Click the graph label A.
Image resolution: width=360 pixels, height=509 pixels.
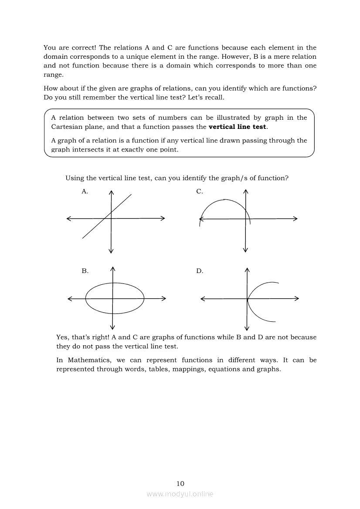pos(85,191)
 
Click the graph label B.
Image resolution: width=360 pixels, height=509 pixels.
pos(85,271)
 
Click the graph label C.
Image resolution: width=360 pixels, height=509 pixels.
pos(199,191)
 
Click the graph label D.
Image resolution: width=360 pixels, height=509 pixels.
pos(200,271)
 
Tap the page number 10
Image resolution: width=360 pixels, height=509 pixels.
pos(180,483)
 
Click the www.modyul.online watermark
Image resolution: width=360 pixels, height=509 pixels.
pos(180,494)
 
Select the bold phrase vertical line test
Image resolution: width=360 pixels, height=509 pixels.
pos(238,127)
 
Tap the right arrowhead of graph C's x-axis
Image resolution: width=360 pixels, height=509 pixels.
pos(295,219)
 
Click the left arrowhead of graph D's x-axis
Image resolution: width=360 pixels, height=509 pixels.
pos(202,299)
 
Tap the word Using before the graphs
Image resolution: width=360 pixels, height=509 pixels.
pos(74,178)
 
